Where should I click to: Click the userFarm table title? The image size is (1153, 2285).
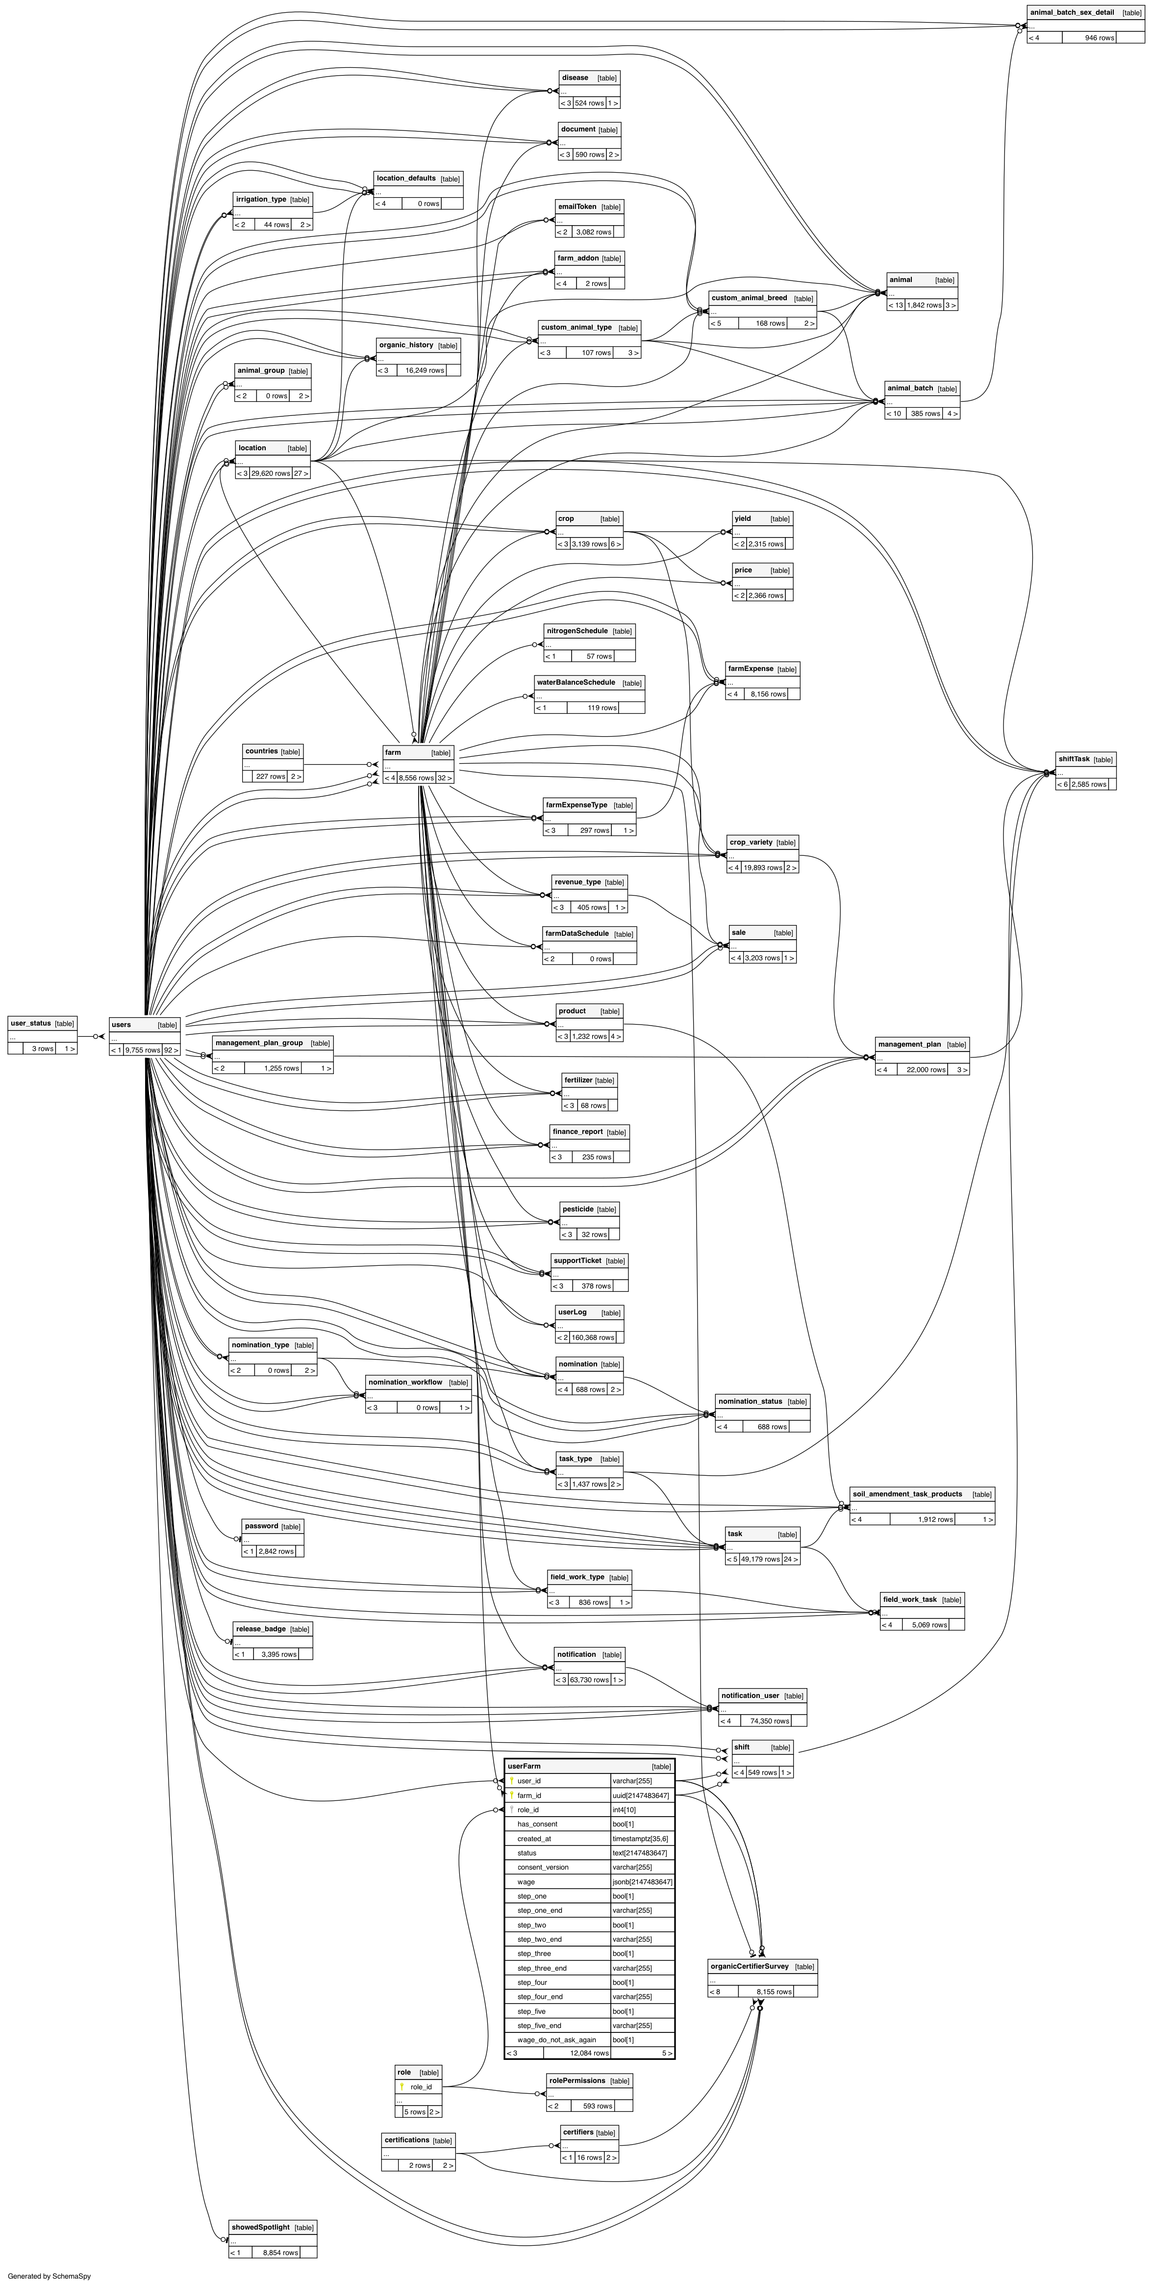(x=524, y=1766)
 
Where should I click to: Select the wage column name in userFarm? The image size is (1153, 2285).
(x=526, y=1881)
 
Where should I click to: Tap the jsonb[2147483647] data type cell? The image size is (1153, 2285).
(x=642, y=1881)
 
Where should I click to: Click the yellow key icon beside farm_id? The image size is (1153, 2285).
(x=512, y=1796)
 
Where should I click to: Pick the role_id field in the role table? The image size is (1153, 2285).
(x=421, y=2087)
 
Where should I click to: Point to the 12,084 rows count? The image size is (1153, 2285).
(x=589, y=2053)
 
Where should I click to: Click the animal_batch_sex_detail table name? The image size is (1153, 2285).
(x=1072, y=12)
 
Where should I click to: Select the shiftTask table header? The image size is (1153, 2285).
(x=1073, y=759)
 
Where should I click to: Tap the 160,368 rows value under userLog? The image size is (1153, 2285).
(x=593, y=1337)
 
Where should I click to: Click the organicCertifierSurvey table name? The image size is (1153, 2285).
(x=750, y=1967)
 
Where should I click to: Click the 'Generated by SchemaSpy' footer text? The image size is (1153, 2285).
(x=49, y=2276)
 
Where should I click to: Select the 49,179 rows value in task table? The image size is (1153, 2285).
(x=760, y=1560)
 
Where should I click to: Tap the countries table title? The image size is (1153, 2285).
(x=262, y=751)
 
